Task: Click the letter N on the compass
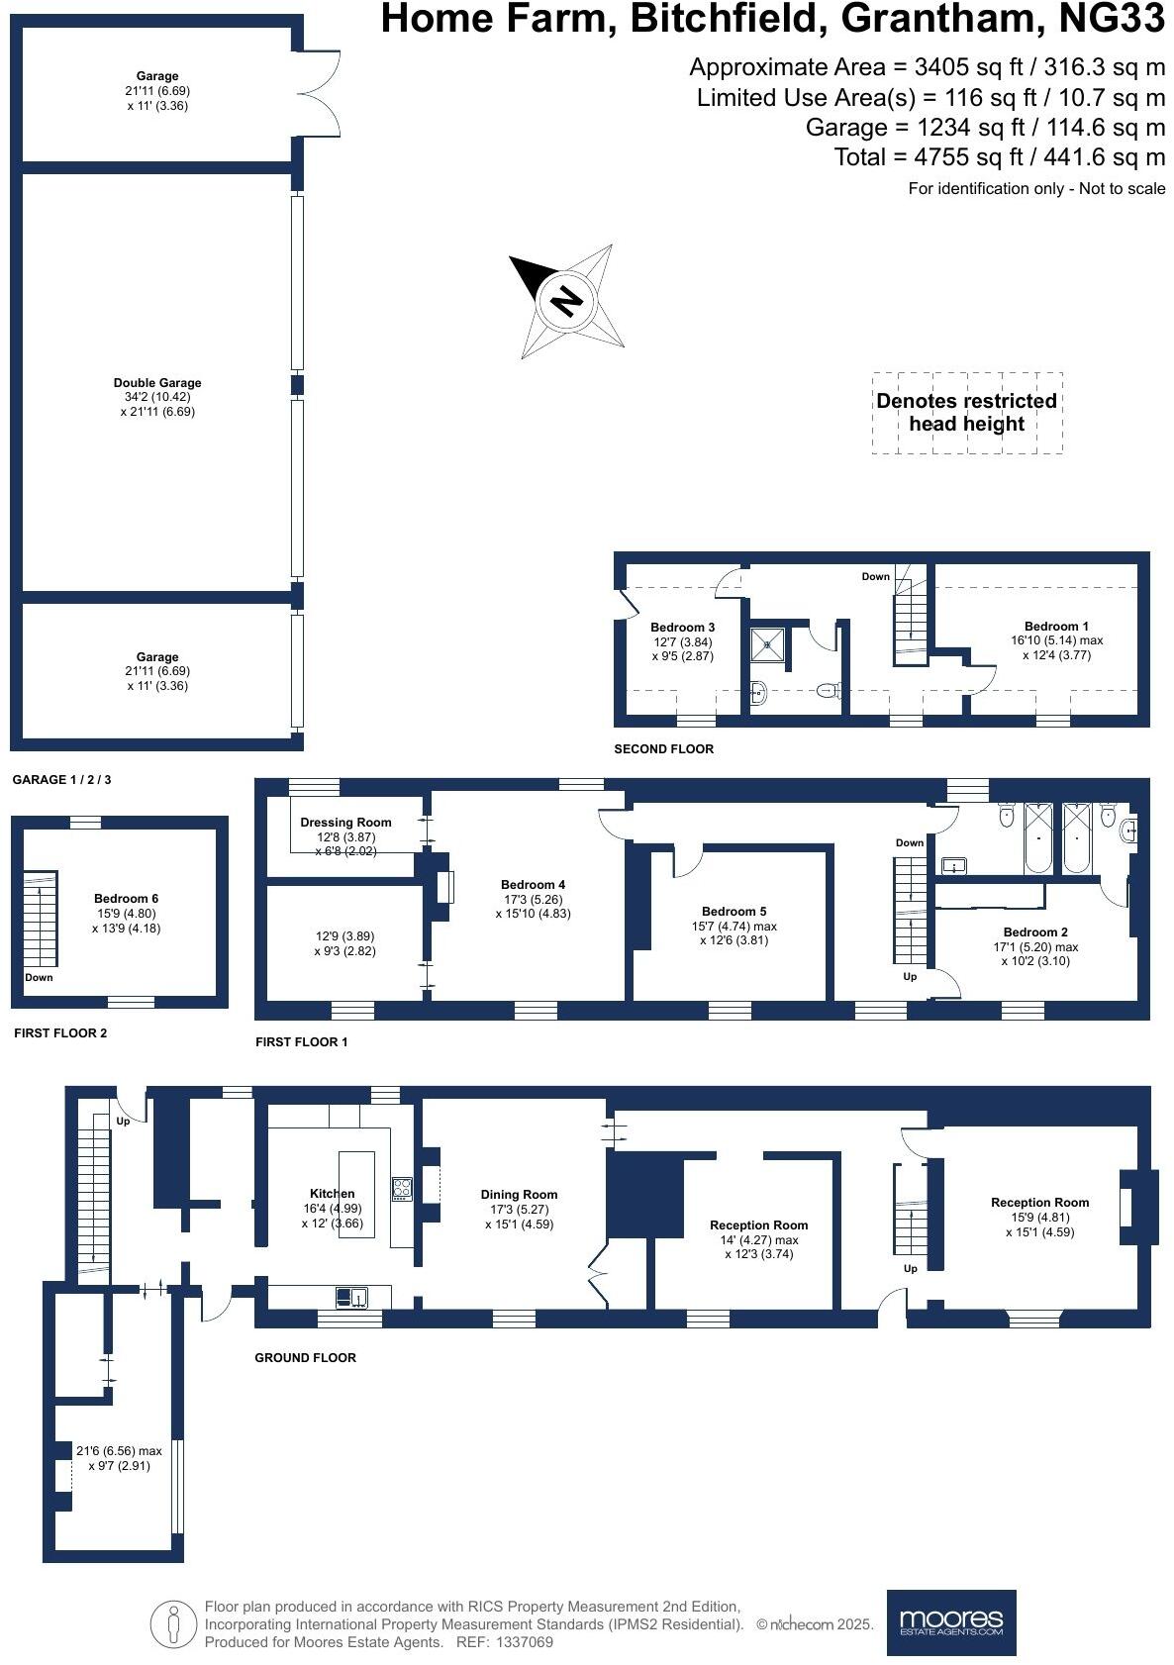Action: tap(566, 301)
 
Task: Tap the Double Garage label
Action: tap(157, 383)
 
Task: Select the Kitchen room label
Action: tap(332, 1194)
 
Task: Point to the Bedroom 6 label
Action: tap(126, 899)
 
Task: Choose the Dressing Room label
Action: tap(345, 823)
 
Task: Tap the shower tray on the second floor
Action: tap(768, 644)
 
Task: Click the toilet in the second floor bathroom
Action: tap(829, 691)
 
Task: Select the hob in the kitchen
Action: tap(402, 1189)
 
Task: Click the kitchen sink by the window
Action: tap(350, 1296)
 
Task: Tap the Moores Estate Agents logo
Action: tap(950, 1621)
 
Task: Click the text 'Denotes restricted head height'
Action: tap(966, 413)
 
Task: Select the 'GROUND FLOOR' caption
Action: tap(305, 1358)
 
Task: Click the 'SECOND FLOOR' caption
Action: tap(663, 749)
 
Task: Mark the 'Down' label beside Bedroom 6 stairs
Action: tap(39, 977)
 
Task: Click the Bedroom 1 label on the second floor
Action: tap(1055, 627)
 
